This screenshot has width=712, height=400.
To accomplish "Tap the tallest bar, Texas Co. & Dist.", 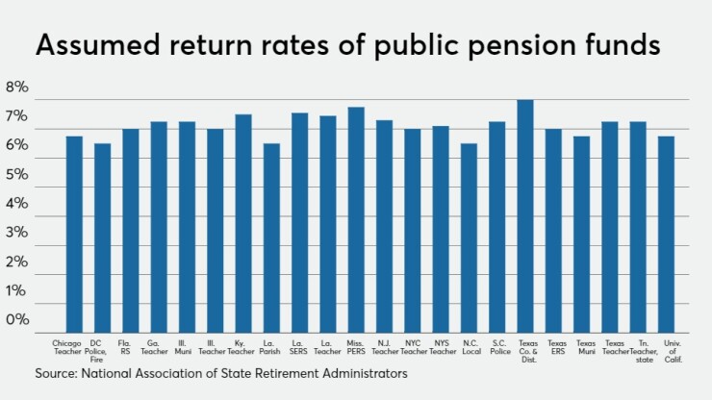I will click(x=525, y=215).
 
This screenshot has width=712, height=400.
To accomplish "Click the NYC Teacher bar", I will click(x=412, y=230).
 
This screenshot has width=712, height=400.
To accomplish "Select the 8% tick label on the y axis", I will click(x=17, y=87).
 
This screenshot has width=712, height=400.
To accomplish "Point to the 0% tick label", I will click(x=17, y=319).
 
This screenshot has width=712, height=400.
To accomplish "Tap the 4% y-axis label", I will click(x=17, y=204).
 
